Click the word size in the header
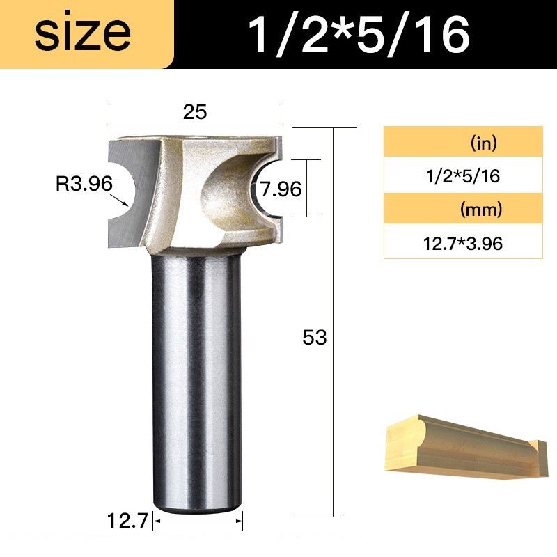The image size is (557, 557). [83, 33]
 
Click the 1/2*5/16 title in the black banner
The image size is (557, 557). [359, 35]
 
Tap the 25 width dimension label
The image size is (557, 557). [195, 112]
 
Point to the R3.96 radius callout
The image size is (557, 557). [84, 184]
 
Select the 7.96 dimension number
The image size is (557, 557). [281, 189]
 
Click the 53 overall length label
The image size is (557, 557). [315, 337]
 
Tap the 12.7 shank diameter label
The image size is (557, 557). [127, 521]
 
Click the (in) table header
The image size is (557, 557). [484, 143]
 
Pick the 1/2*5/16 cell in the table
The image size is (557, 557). [463, 176]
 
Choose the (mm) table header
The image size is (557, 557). [481, 210]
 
